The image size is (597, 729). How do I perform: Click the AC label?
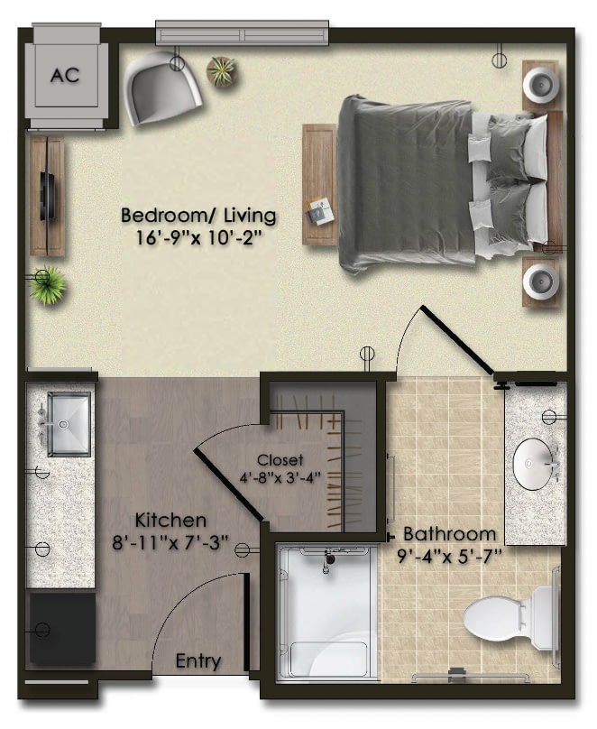pos(65,75)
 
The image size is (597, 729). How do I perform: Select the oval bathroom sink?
pos(534,464)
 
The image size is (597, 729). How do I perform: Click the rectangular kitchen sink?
pos(69,423)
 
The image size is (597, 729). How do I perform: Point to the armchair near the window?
pos(161,87)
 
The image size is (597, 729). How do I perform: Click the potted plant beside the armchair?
pos(222,71)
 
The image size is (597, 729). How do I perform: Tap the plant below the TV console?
pos(47,285)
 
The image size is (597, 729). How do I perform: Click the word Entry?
pos(198,660)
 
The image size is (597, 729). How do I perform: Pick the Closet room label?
pos(280,460)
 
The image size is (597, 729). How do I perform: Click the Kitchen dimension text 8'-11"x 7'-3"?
pos(171,542)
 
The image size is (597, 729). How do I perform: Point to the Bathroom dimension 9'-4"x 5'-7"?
pos(450,556)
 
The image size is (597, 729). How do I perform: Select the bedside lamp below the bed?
pos(540,281)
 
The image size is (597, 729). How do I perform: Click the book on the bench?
pos(319,211)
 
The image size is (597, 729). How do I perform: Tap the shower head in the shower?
pos(329,558)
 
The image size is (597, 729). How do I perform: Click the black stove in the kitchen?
pos(63,627)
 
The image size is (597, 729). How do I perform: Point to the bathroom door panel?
pos(456,340)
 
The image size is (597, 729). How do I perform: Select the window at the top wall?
pos(242,32)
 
